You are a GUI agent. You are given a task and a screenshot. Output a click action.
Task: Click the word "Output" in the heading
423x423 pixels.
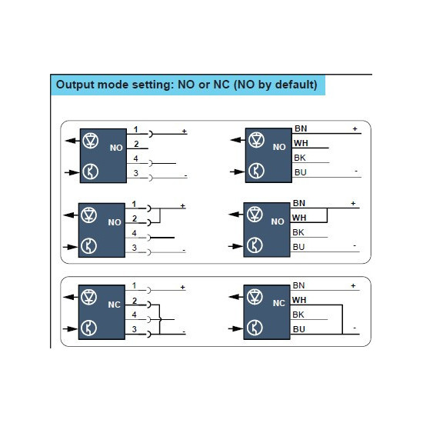(x=75, y=85)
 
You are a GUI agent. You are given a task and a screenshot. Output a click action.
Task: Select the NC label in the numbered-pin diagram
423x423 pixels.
(x=114, y=305)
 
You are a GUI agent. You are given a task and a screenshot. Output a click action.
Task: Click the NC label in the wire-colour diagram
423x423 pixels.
(x=279, y=303)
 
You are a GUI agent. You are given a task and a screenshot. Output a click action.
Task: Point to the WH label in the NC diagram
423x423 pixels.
(x=299, y=300)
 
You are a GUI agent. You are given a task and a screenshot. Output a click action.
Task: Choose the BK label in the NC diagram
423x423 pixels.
(x=298, y=315)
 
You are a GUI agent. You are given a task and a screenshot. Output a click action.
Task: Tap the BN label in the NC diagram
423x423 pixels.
(x=298, y=285)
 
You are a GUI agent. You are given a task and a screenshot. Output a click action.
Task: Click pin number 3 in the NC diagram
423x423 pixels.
(x=135, y=329)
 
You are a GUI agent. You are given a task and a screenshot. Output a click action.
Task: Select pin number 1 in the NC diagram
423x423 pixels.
(x=135, y=285)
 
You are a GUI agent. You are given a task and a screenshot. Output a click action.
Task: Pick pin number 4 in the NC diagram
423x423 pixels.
(x=135, y=315)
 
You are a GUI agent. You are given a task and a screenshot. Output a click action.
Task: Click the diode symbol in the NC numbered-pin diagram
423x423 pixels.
(x=88, y=297)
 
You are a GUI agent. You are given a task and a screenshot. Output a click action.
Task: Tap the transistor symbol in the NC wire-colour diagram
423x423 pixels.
(x=255, y=328)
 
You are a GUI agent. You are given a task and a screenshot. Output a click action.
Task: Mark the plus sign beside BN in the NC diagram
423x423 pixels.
(x=353, y=285)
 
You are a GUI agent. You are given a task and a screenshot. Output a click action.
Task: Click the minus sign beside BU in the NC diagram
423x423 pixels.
(x=355, y=328)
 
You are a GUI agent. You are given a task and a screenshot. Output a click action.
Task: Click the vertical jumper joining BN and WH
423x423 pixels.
(x=327, y=215)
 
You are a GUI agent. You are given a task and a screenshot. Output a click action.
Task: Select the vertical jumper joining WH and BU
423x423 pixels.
(x=342, y=320)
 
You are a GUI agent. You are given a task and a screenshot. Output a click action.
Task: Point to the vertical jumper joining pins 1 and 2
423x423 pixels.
(x=160, y=215)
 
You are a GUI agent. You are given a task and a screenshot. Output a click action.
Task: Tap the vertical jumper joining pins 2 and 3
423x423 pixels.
(x=160, y=320)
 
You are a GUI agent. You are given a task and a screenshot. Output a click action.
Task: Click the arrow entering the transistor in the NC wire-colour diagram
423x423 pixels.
(x=235, y=328)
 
